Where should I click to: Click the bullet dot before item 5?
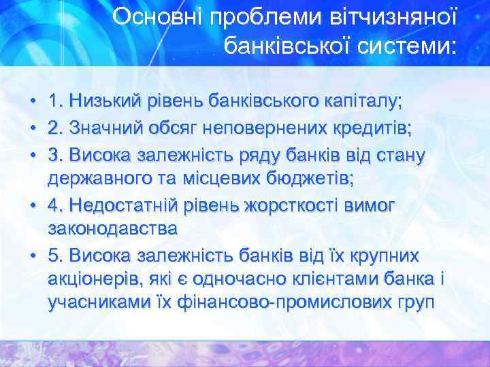click(x=33, y=256)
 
